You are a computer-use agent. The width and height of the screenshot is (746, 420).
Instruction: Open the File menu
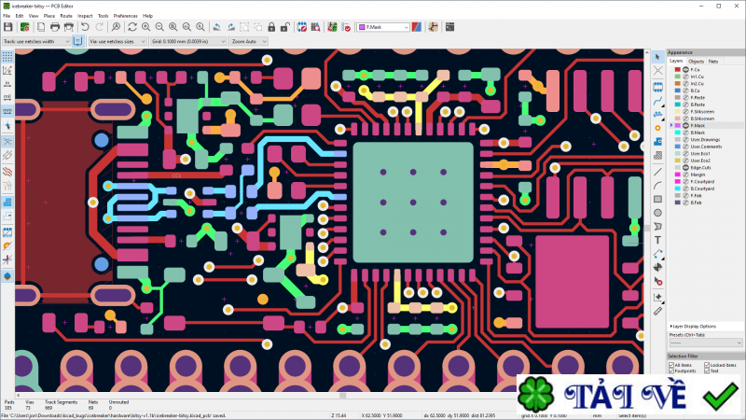point(7,16)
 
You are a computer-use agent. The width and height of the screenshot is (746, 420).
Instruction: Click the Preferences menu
point(125,16)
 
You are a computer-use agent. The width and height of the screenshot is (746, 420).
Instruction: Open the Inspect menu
point(85,16)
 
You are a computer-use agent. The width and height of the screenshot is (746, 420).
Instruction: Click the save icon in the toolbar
point(8,28)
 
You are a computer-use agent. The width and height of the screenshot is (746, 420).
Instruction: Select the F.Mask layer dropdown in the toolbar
point(382,28)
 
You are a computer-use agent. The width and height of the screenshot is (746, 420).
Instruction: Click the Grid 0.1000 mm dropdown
point(187,41)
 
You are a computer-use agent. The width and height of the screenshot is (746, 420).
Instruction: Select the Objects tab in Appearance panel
point(697,61)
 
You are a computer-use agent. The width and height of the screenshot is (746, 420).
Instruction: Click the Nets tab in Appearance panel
point(713,61)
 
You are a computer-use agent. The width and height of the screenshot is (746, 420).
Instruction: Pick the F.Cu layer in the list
point(695,69)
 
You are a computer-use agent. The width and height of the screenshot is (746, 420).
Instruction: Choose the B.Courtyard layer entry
point(702,188)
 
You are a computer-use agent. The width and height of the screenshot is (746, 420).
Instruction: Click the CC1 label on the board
point(177,175)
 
